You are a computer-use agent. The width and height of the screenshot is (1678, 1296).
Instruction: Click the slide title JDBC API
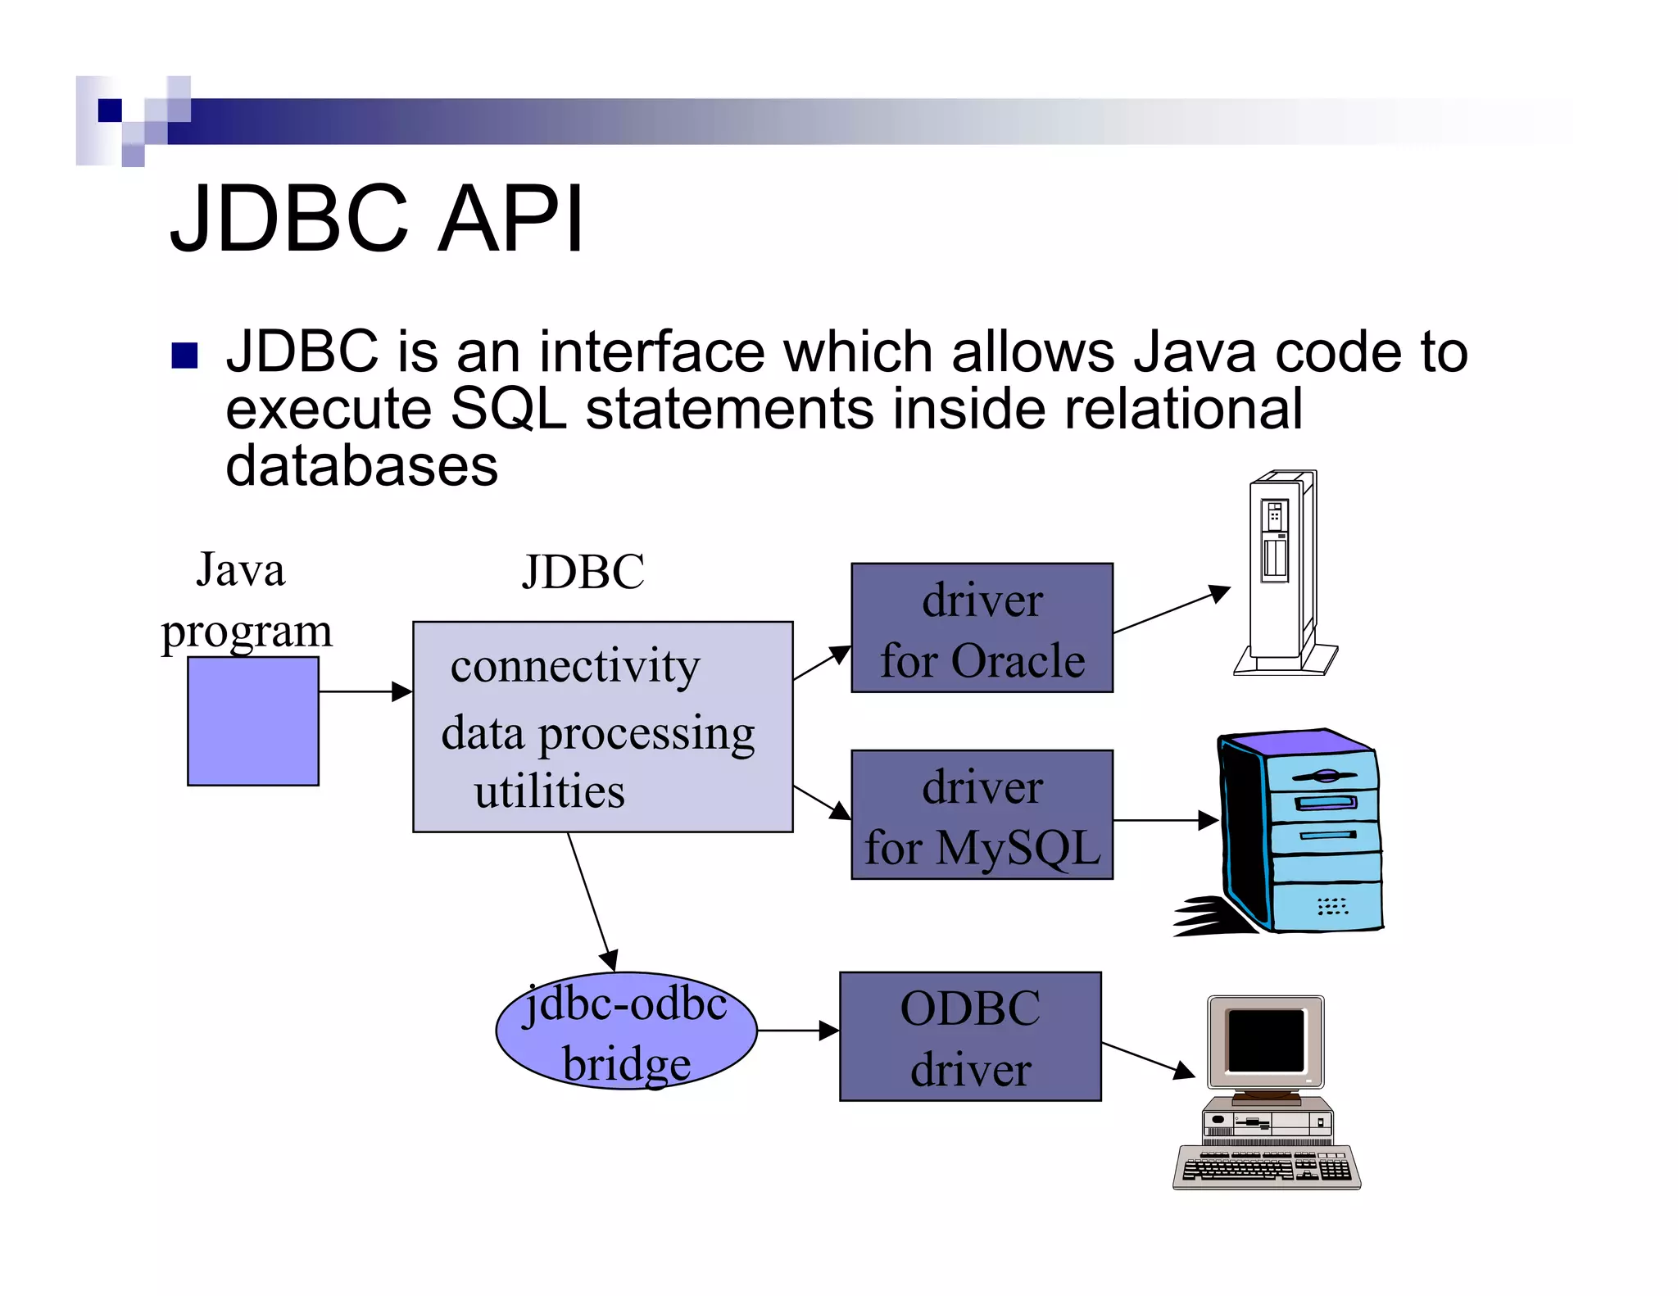[x=377, y=219]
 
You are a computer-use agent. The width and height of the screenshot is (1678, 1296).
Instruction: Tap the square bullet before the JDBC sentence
[x=185, y=356]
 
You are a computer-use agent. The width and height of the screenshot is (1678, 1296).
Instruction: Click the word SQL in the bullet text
[x=508, y=409]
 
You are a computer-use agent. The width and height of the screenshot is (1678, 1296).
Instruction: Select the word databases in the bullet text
[x=361, y=466]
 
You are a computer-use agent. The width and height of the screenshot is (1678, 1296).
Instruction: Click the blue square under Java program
[x=253, y=721]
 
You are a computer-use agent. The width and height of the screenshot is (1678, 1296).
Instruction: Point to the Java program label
[x=245, y=600]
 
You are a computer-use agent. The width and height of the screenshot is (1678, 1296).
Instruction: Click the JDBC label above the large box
[x=583, y=572]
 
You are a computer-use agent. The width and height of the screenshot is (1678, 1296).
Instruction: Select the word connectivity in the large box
[x=575, y=665]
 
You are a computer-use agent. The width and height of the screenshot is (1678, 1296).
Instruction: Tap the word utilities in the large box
[x=549, y=791]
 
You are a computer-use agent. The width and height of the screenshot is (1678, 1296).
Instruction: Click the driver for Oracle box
[x=982, y=628]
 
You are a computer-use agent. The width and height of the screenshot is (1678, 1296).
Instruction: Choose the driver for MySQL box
[x=982, y=815]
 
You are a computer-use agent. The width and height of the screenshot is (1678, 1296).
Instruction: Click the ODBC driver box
[x=970, y=1037]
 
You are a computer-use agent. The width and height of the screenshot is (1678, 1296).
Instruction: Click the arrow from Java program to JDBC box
[x=365, y=692]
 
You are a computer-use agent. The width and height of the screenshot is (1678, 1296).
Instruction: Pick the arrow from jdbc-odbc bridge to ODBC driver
[x=797, y=1031]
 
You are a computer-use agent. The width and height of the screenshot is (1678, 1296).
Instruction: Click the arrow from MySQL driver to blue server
[x=1163, y=820]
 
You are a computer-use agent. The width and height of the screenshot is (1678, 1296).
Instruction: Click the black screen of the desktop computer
[x=1265, y=1040]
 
